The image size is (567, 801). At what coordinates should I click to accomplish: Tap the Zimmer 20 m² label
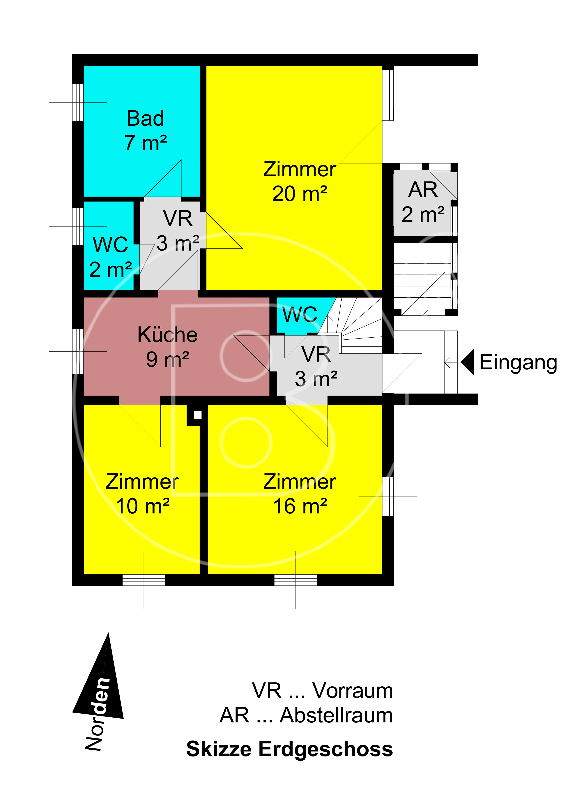[x=300, y=181]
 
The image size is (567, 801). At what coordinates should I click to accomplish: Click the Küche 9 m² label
[x=168, y=347]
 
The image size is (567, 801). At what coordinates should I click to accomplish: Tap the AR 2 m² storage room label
[x=423, y=202]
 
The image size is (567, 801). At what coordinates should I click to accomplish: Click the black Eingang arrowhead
[x=468, y=362]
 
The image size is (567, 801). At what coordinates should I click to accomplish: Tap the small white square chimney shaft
[x=198, y=415]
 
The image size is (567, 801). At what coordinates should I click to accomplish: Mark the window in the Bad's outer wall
[x=78, y=103]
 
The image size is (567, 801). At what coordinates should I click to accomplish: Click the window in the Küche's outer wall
[x=78, y=351]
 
